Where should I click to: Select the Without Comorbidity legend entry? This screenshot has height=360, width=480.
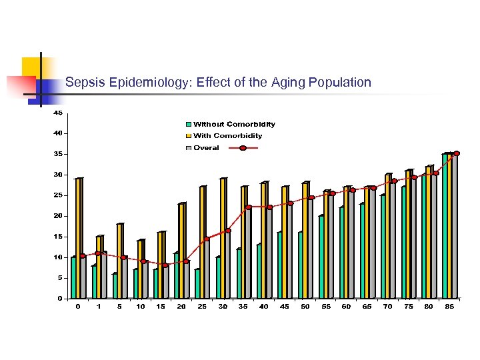[x=234, y=124]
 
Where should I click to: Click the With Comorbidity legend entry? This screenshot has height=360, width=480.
[x=227, y=136]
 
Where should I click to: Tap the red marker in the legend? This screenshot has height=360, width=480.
[x=243, y=148]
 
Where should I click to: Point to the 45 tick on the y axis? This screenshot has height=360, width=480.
[x=58, y=113]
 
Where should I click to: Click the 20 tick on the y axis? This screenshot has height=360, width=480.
[x=58, y=216]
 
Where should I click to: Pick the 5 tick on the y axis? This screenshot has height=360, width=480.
[x=59, y=278]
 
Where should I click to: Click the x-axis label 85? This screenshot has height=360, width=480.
[x=450, y=307]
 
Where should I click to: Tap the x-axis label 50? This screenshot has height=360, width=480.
[x=305, y=307]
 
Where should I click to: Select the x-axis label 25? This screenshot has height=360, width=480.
[x=202, y=307]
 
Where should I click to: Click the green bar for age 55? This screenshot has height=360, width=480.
[x=321, y=257]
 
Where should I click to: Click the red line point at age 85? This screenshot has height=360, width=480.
[x=457, y=153]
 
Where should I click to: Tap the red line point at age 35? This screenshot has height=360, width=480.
[x=248, y=207]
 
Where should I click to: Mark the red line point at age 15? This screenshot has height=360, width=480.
[x=165, y=265]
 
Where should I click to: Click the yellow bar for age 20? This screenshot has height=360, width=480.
[x=182, y=250]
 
